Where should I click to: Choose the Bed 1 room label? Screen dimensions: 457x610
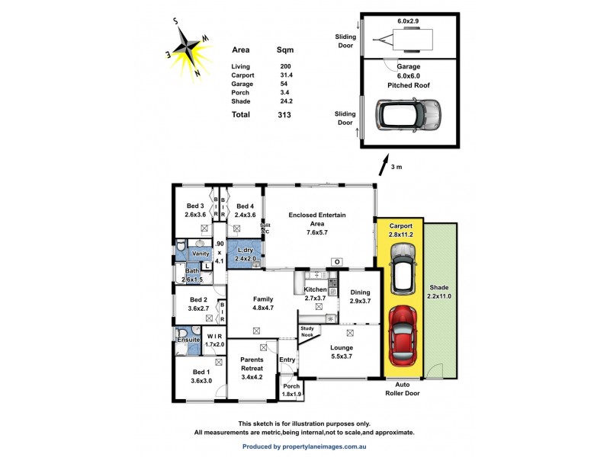click(201, 376)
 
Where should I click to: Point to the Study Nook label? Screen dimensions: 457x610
click(307, 332)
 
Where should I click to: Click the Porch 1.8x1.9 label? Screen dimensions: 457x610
click(292, 391)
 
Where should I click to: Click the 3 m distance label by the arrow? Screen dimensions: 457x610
click(396, 166)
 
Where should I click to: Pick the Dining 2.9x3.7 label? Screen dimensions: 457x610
click(360, 297)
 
